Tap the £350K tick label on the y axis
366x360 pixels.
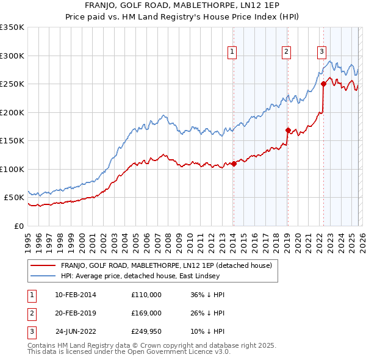click(x=12, y=27)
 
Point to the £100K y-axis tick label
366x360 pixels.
click(x=12, y=169)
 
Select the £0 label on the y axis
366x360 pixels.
click(x=19, y=226)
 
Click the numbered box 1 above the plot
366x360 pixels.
click(x=232, y=52)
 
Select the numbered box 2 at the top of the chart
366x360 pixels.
click(x=286, y=52)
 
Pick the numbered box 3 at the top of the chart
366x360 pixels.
click(x=321, y=52)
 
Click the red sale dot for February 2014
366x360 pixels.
click(x=234, y=164)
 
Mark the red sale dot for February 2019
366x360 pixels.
click(x=288, y=130)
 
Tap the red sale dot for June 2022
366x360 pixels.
click(x=323, y=84)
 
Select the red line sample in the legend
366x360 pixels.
click(x=43, y=265)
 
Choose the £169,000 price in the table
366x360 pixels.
click(x=146, y=313)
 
